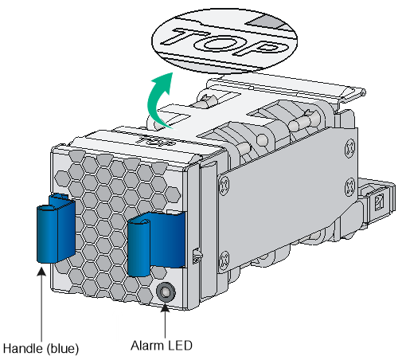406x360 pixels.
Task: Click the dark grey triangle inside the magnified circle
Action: pyautogui.click(x=265, y=22)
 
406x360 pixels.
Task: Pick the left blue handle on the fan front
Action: pyautogui.click(x=56, y=229)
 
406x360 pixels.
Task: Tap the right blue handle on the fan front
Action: pyautogui.click(x=156, y=244)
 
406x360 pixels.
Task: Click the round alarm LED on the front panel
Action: pyautogui.click(x=166, y=292)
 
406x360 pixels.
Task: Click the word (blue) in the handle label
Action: pyautogui.click(x=63, y=349)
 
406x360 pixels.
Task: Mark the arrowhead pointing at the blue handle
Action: pyautogui.click(x=41, y=272)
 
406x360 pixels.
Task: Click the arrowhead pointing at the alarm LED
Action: pyautogui.click(x=166, y=307)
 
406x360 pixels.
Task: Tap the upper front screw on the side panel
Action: pyautogui.click(x=224, y=184)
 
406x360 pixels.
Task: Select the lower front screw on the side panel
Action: pyautogui.click(x=224, y=258)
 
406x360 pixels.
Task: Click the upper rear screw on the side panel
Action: pyautogui.click(x=350, y=148)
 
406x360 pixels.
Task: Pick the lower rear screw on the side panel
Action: pyautogui.click(x=350, y=186)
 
